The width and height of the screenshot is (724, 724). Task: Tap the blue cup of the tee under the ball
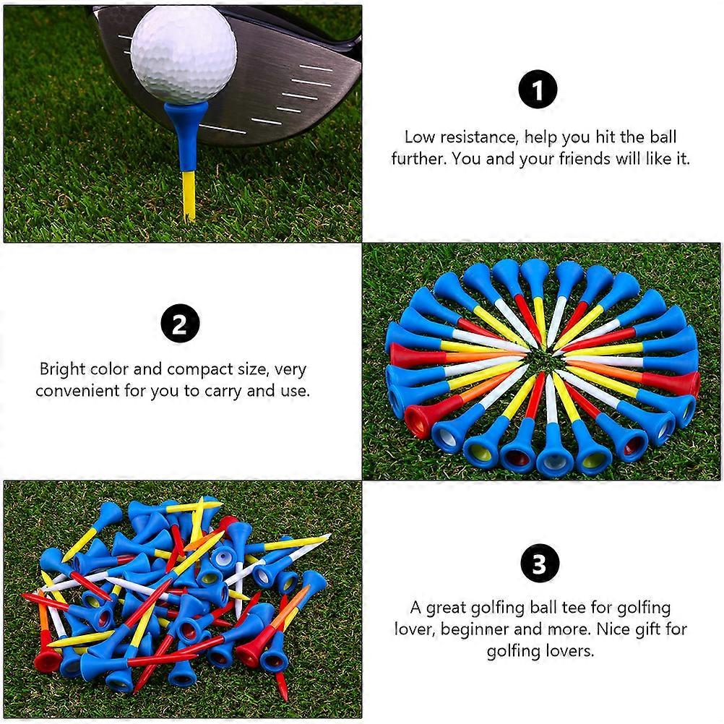coord(186,137)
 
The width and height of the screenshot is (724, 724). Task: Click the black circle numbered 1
coord(538,89)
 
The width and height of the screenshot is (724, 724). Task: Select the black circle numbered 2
coord(180,323)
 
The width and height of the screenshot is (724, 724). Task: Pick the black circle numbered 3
coord(539,564)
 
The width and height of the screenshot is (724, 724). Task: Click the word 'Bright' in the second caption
coord(62,370)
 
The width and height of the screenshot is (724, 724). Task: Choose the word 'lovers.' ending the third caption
coord(570,651)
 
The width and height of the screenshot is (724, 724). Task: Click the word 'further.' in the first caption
coord(418,159)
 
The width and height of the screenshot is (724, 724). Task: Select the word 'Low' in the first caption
coord(419,137)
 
